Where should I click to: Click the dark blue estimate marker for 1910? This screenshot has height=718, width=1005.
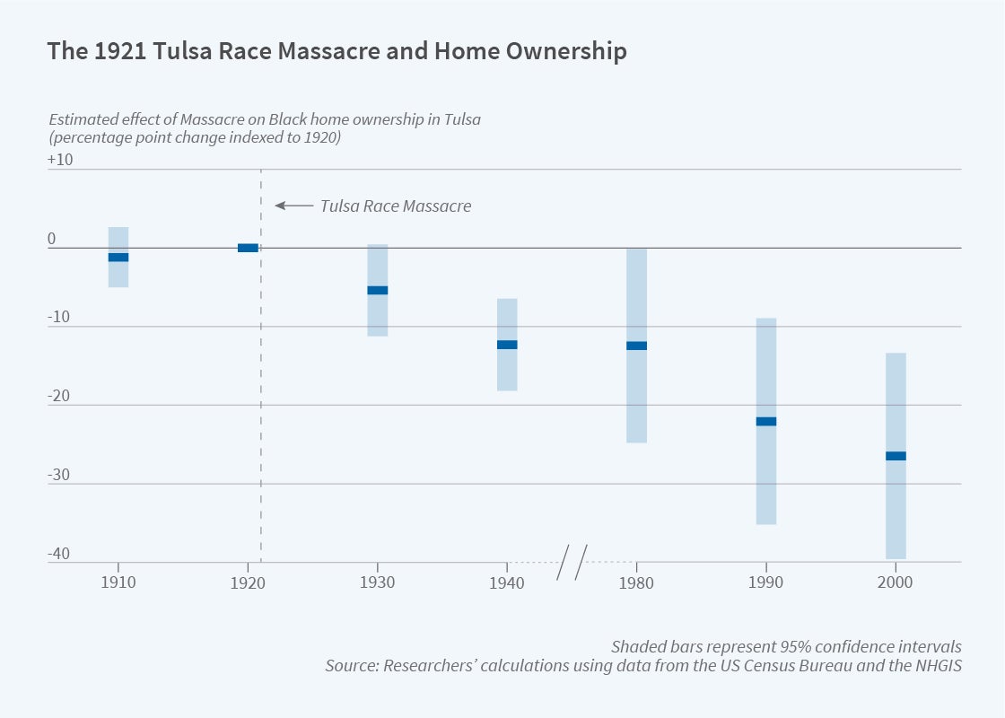pyautogui.click(x=118, y=258)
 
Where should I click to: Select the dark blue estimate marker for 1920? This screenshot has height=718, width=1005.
pyautogui.click(x=248, y=248)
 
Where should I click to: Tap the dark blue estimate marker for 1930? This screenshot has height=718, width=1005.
pyautogui.click(x=378, y=290)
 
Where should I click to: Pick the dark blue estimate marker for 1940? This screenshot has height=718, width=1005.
pyautogui.click(x=507, y=345)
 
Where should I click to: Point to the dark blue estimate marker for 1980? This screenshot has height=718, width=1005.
pyautogui.click(x=636, y=346)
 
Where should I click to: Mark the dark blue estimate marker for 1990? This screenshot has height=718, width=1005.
pyautogui.click(x=765, y=421)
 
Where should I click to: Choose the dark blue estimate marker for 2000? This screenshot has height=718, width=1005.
pyautogui.click(x=896, y=456)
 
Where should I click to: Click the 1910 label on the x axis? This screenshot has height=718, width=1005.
pyautogui.click(x=118, y=582)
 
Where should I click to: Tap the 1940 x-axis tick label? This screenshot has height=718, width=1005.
pyautogui.click(x=507, y=582)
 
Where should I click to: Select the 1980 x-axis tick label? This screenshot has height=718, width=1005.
pyautogui.click(x=636, y=582)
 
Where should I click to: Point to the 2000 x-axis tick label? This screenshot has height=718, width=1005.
pyautogui.click(x=896, y=582)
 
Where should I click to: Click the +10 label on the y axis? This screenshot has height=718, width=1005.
pyautogui.click(x=60, y=161)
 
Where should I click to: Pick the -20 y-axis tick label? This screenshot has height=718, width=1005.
pyautogui.click(x=60, y=397)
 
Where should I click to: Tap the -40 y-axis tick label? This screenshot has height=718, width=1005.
pyautogui.click(x=60, y=554)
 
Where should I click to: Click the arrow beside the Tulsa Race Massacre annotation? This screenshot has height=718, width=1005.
pyautogui.click(x=292, y=206)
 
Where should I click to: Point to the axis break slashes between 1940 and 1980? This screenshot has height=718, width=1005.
pyautogui.click(x=572, y=562)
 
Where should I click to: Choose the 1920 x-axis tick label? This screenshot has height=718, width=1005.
pyautogui.click(x=248, y=582)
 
